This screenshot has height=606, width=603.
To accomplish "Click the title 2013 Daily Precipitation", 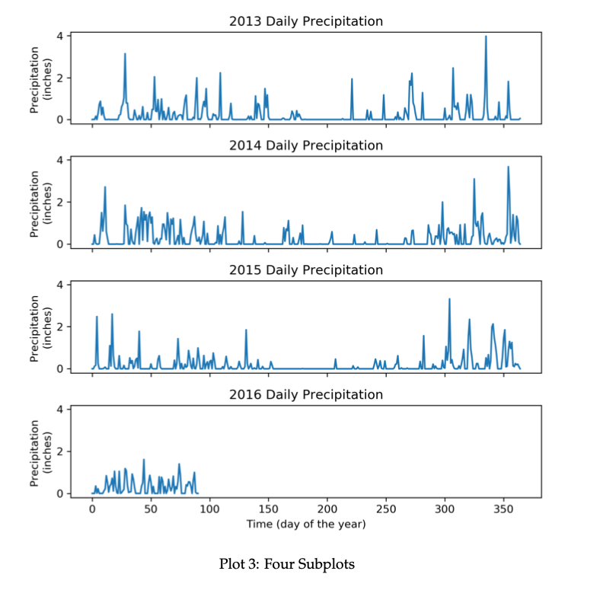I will [306, 21].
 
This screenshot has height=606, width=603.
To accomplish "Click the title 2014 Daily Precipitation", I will [306, 145].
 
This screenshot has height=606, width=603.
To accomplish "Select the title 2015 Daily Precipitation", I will [306, 270].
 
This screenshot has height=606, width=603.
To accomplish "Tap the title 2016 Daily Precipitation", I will [306, 394].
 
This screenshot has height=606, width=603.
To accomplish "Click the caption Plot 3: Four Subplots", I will [287, 564].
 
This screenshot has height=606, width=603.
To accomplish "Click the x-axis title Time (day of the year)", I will [305, 524].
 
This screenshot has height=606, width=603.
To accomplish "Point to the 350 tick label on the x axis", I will [503, 509].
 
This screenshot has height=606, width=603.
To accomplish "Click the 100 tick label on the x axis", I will [209, 509].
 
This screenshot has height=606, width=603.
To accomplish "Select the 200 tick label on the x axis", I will [327, 509].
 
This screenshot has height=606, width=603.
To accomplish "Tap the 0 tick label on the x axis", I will [92, 509].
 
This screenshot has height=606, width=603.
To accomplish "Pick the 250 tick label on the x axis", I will [386, 509].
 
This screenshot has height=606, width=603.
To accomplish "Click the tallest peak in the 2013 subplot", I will [486, 37].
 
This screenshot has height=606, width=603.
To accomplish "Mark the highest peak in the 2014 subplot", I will [508, 167].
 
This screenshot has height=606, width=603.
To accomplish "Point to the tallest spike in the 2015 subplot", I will [449, 299].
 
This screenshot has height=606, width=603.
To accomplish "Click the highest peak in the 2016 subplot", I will [143, 460].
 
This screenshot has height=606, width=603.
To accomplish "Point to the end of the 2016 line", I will [197, 493].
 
